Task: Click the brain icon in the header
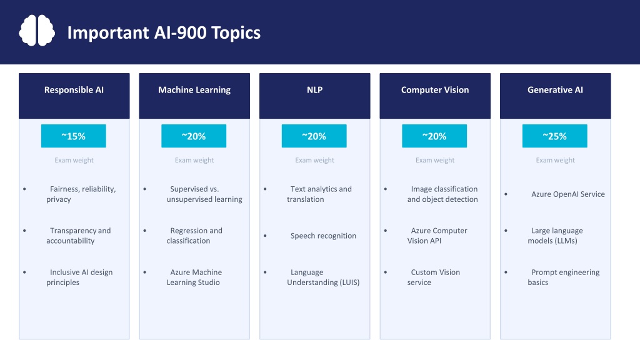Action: click(37, 31)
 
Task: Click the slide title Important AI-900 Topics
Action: click(164, 32)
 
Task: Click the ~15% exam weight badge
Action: click(74, 136)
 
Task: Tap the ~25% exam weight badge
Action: click(555, 136)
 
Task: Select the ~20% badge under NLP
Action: click(314, 136)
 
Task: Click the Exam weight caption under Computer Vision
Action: click(435, 161)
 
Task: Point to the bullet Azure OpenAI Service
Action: click(567, 194)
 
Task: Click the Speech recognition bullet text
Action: click(323, 236)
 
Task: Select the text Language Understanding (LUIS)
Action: click(323, 277)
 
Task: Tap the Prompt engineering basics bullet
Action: click(564, 277)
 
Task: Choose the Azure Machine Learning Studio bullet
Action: click(194, 277)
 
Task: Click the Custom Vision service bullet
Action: click(434, 277)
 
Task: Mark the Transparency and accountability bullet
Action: click(78, 236)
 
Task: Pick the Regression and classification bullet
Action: click(194, 236)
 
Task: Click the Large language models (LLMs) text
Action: click(555, 236)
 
